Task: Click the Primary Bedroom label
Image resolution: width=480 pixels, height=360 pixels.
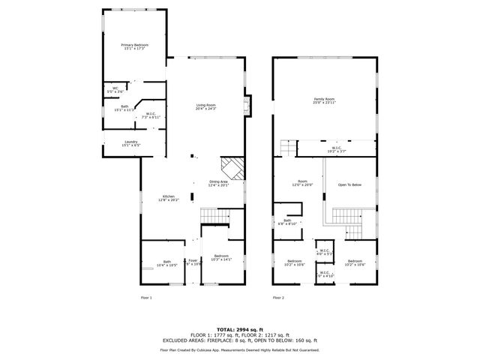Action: (x=135, y=47)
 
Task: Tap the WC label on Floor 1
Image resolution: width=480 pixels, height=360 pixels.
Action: (x=115, y=90)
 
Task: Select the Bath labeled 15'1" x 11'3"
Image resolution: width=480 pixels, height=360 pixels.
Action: (x=124, y=108)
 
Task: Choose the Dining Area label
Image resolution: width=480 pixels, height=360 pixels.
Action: (x=219, y=183)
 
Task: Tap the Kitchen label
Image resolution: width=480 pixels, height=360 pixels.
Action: (x=169, y=199)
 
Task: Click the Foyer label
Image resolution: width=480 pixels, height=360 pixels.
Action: (x=193, y=261)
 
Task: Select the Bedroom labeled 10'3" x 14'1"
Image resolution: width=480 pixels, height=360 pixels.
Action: (x=221, y=258)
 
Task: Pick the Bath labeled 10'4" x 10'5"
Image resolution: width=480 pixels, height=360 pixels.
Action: (x=166, y=263)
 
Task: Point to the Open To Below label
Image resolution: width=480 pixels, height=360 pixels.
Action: (x=349, y=184)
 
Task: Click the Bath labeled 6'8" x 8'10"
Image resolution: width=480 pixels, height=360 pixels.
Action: (x=287, y=221)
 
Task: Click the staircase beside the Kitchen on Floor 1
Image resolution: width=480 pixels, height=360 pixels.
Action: (x=214, y=217)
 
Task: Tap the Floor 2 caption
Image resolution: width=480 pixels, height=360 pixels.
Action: (x=278, y=298)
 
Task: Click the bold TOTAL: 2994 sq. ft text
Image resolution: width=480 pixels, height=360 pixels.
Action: (x=240, y=329)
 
